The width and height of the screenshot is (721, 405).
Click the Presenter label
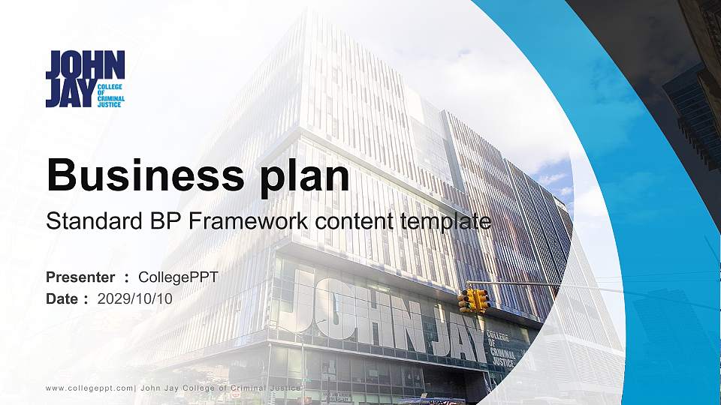(x=80, y=277)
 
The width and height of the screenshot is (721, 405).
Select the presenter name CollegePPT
(x=178, y=277)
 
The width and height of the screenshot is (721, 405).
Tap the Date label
(x=62, y=298)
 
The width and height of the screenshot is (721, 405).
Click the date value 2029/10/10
(x=135, y=298)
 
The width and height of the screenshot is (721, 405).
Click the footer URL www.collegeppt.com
(x=89, y=388)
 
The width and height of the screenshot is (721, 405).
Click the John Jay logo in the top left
(x=85, y=79)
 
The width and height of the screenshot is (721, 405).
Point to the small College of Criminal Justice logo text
(x=111, y=95)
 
